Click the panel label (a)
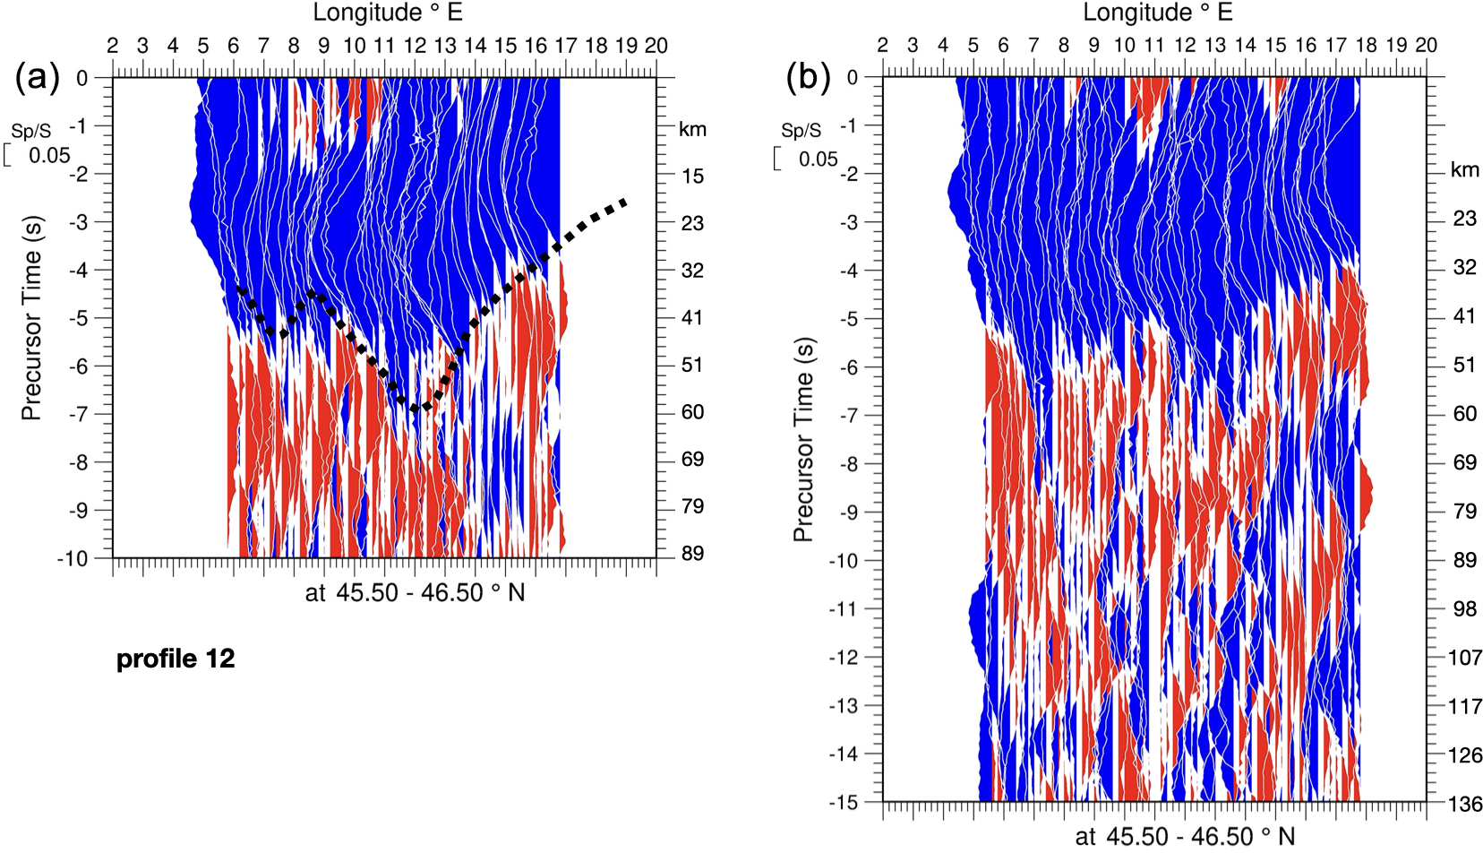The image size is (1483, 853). [38, 78]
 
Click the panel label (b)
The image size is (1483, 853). [808, 78]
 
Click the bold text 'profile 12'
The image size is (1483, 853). [176, 659]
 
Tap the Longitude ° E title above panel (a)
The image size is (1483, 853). [387, 13]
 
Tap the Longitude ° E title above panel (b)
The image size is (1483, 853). [1157, 13]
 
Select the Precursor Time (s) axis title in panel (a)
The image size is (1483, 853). [31, 318]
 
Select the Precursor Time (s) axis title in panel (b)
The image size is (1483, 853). [802, 439]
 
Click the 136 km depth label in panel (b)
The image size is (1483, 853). [1465, 804]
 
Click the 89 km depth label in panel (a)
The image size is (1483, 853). [692, 554]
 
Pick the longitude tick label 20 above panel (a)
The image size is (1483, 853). [656, 46]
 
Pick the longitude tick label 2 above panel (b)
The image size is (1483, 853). [882, 46]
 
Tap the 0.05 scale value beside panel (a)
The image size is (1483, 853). [49, 156]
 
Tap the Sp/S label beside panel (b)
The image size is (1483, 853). [801, 131]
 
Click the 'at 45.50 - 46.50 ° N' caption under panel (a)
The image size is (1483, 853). [415, 593]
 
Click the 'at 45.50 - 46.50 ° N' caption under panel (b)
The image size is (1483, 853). [1186, 837]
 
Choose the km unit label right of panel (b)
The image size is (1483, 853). [1465, 170]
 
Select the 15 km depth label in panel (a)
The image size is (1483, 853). [692, 177]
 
